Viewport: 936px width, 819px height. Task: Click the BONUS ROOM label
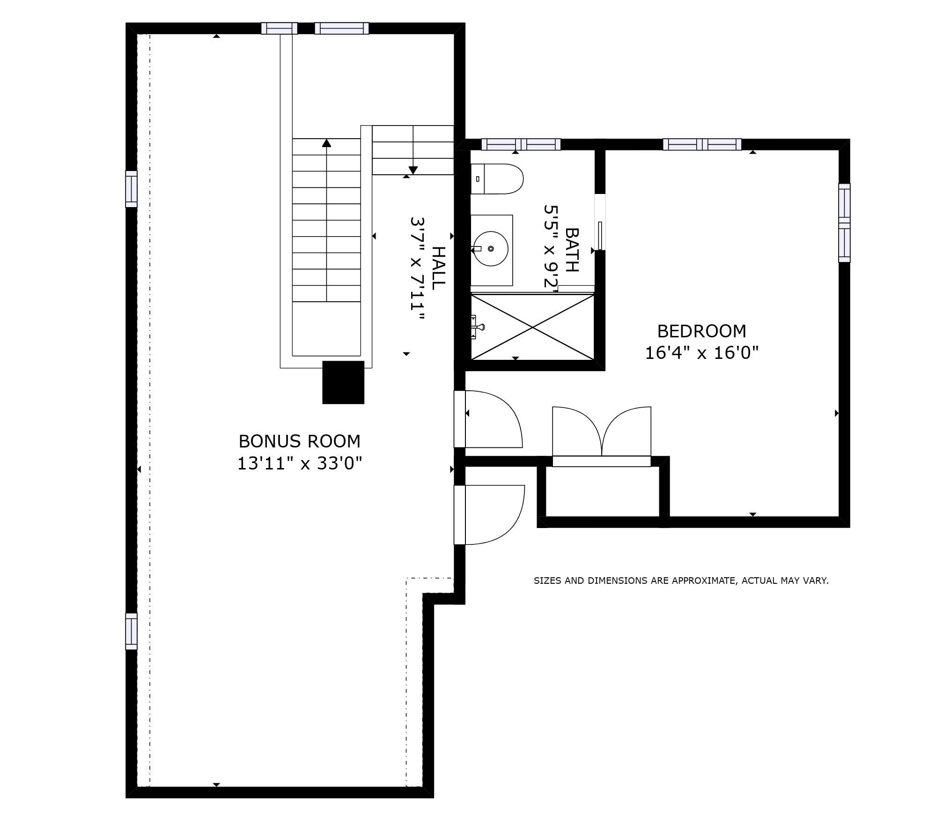(x=300, y=441)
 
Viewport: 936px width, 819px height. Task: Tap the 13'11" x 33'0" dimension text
(x=300, y=463)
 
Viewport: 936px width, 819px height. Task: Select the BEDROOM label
(x=701, y=331)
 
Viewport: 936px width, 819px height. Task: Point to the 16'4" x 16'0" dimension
(x=701, y=353)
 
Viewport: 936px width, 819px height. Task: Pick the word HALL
(x=437, y=268)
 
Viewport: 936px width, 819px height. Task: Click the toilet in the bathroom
(x=497, y=179)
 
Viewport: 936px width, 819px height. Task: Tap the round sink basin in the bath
(x=490, y=248)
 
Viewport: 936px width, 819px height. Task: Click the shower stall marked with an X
(x=532, y=327)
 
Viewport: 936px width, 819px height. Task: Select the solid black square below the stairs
(x=343, y=382)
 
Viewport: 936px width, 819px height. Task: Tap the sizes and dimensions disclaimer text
(x=681, y=581)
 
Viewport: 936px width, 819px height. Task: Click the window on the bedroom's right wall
(x=844, y=223)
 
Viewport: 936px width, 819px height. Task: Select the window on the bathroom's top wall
(x=521, y=144)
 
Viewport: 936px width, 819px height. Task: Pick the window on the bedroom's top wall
(x=702, y=144)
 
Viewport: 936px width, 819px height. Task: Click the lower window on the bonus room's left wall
(x=131, y=631)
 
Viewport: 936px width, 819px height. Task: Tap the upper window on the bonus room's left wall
(x=131, y=189)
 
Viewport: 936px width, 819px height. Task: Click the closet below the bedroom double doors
(x=603, y=491)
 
